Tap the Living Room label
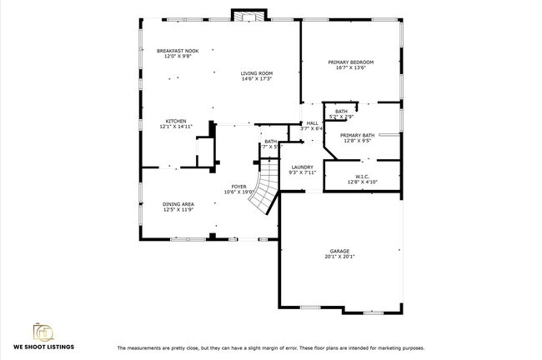pyautogui.click(x=257, y=73)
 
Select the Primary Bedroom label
pyautogui.click(x=350, y=62)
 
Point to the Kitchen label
pyautogui.click(x=175, y=121)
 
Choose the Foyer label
pyautogui.click(x=238, y=187)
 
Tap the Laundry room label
pyautogui.click(x=302, y=167)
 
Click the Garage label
pyautogui.click(x=339, y=251)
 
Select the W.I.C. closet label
pyautogui.click(x=362, y=176)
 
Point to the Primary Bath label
pyautogui.click(x=357, y=135)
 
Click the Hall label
pyautogui.click(x=311, y=123)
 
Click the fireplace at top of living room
pyautogui.click(x=248, y=16)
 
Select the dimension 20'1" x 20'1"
pyautogui.click(x=339, y=257)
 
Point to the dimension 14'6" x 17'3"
pyautogui.click(x=257, y=79)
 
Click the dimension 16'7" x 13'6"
pyautogui.click(x=350, y=68)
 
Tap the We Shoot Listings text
pyautogui.click(x=43, y=346)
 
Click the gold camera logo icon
pyautogui.click(x=43, y=331)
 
